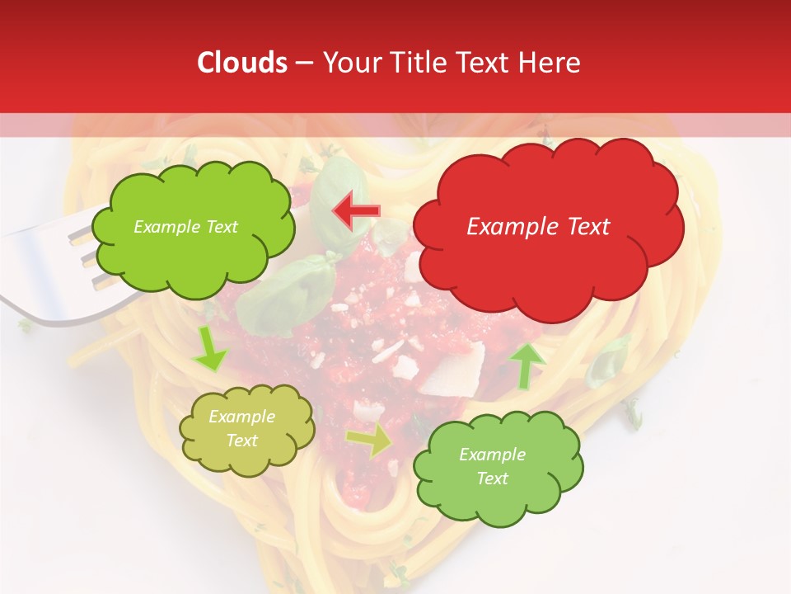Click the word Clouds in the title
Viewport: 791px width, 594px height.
pos(242,63)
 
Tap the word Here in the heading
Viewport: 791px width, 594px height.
pos(550,63)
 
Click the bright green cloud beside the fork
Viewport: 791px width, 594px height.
pos(192,227)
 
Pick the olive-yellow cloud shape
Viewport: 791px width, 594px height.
pos(246,429)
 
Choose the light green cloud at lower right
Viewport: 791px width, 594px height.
pos(498,466)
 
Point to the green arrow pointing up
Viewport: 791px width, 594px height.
pos(527,365)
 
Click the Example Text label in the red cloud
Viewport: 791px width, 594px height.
pos(538,227)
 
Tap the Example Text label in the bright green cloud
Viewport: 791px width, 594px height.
pos(185,227)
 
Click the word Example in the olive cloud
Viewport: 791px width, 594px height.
pos(241,417)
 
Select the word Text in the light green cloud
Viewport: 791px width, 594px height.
pos(493,478)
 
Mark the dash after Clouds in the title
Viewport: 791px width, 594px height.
pos(303,63)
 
